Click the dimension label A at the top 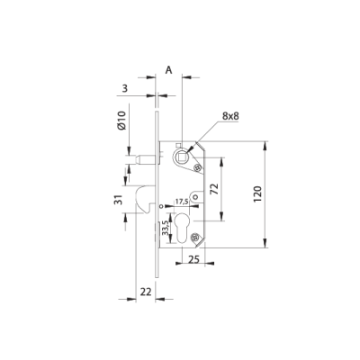tap(169, 68)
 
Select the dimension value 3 tap(125, 88)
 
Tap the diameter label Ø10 tap(123, 121)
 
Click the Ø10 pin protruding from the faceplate tap(144, 159)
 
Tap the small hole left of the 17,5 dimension tap(162, 207)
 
